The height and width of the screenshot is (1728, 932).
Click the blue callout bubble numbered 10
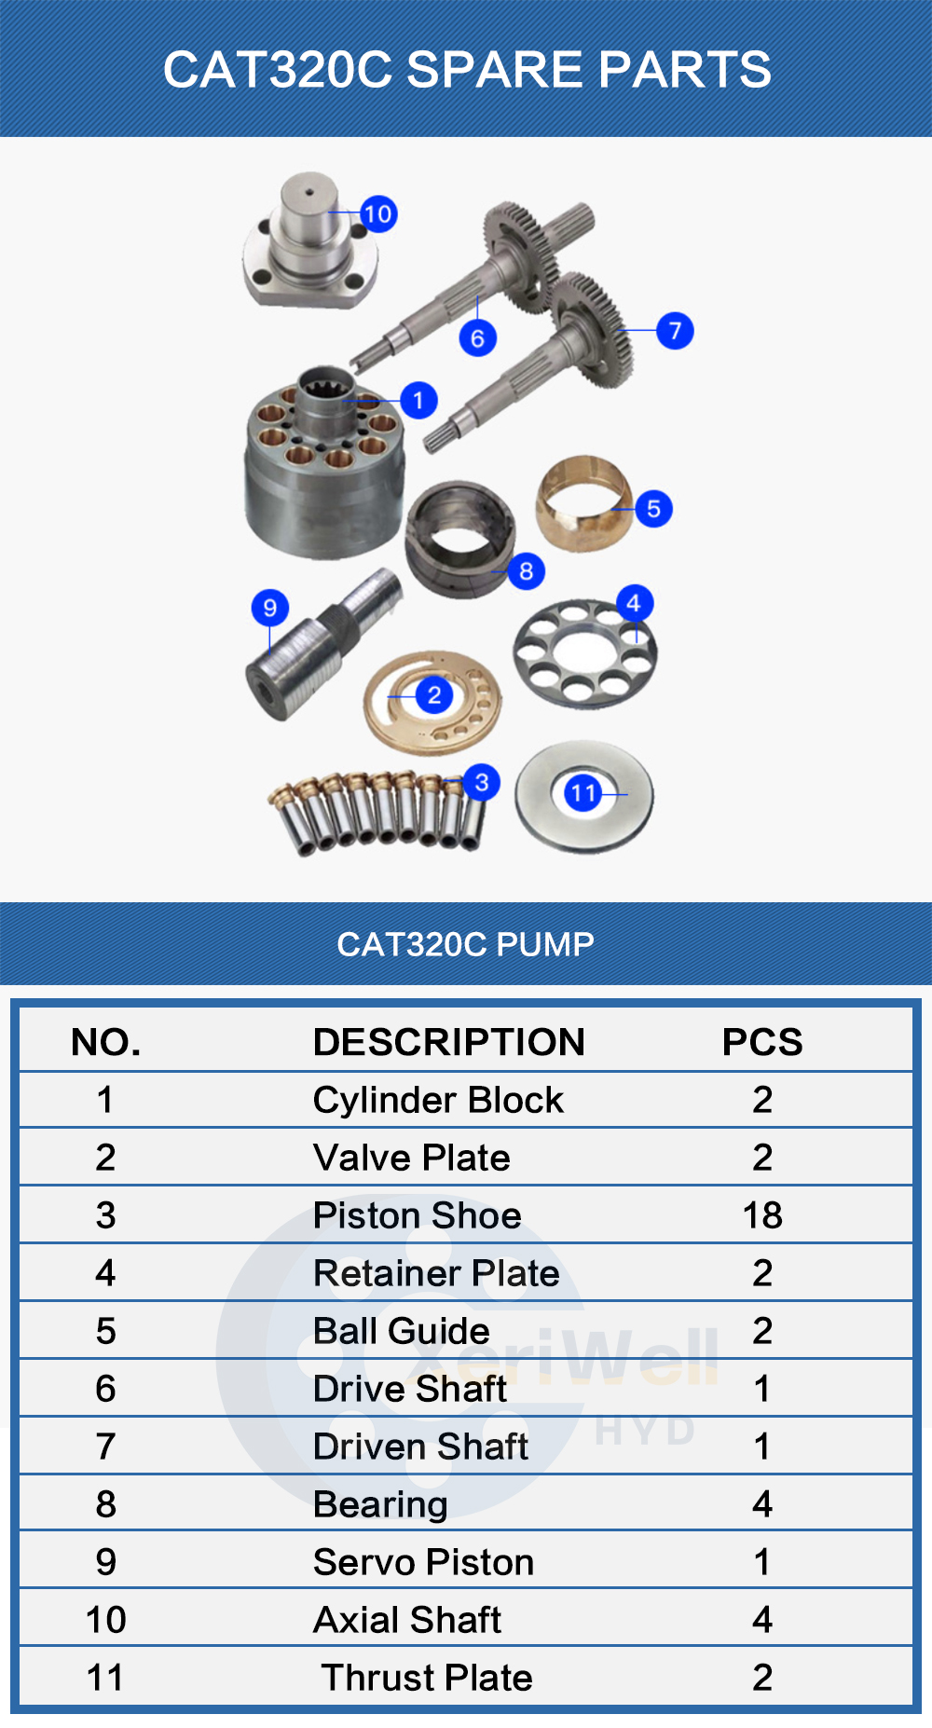377,214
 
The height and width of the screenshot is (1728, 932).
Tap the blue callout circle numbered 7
675,330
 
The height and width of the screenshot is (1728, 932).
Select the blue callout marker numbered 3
481,782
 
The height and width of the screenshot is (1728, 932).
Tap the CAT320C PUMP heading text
465,944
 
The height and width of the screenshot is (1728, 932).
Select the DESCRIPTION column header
448,1042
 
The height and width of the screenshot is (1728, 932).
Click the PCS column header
761,1042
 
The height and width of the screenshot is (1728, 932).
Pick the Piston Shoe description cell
417,1215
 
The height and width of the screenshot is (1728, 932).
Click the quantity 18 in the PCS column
761,1215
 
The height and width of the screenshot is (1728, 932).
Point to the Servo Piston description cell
423,1562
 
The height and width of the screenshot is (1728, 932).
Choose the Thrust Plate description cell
427,1678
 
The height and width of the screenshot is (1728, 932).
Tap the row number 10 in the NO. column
105,1620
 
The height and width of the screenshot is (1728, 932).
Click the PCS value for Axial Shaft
761,1620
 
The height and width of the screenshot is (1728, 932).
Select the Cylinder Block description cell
438,1100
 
